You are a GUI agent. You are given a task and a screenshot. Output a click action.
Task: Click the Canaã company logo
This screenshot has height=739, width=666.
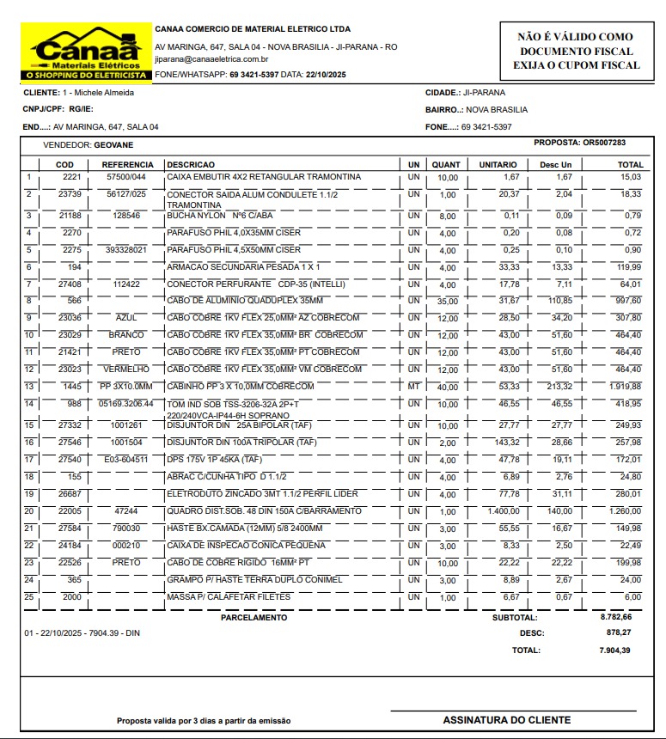pos(86,52)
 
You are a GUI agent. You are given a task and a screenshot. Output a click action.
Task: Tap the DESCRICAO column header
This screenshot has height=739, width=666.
pos(191,164)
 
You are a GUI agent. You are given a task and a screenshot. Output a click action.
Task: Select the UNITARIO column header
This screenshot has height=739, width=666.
pos(498,164)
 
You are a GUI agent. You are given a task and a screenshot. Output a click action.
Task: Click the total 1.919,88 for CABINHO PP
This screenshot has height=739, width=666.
pos(626,387)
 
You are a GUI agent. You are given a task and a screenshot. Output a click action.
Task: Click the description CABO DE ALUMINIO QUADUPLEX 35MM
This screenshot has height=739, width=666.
pos(245,301)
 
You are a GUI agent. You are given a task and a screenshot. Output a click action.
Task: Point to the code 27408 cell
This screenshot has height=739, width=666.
pos(69,284)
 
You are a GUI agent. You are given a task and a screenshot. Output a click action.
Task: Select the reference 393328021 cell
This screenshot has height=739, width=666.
pos(126,249)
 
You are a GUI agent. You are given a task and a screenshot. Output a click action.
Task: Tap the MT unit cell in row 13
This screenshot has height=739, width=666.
pos(414,387)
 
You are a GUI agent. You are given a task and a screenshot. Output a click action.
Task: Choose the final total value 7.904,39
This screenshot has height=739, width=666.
pos(614,650)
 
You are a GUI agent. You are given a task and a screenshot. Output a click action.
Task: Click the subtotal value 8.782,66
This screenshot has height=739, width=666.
pos(615,617)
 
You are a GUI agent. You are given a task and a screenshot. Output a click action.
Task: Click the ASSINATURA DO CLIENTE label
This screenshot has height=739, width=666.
pos(506,720)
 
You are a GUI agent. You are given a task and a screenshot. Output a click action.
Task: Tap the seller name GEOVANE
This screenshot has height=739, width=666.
pos(113,145)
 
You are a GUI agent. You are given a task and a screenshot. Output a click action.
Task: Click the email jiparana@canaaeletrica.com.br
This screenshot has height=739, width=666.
pos(211,59)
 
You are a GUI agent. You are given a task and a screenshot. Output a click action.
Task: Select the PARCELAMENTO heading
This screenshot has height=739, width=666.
pos(254,618)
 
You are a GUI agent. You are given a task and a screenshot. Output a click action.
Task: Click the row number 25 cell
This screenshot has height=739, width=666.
pos(29,596)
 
